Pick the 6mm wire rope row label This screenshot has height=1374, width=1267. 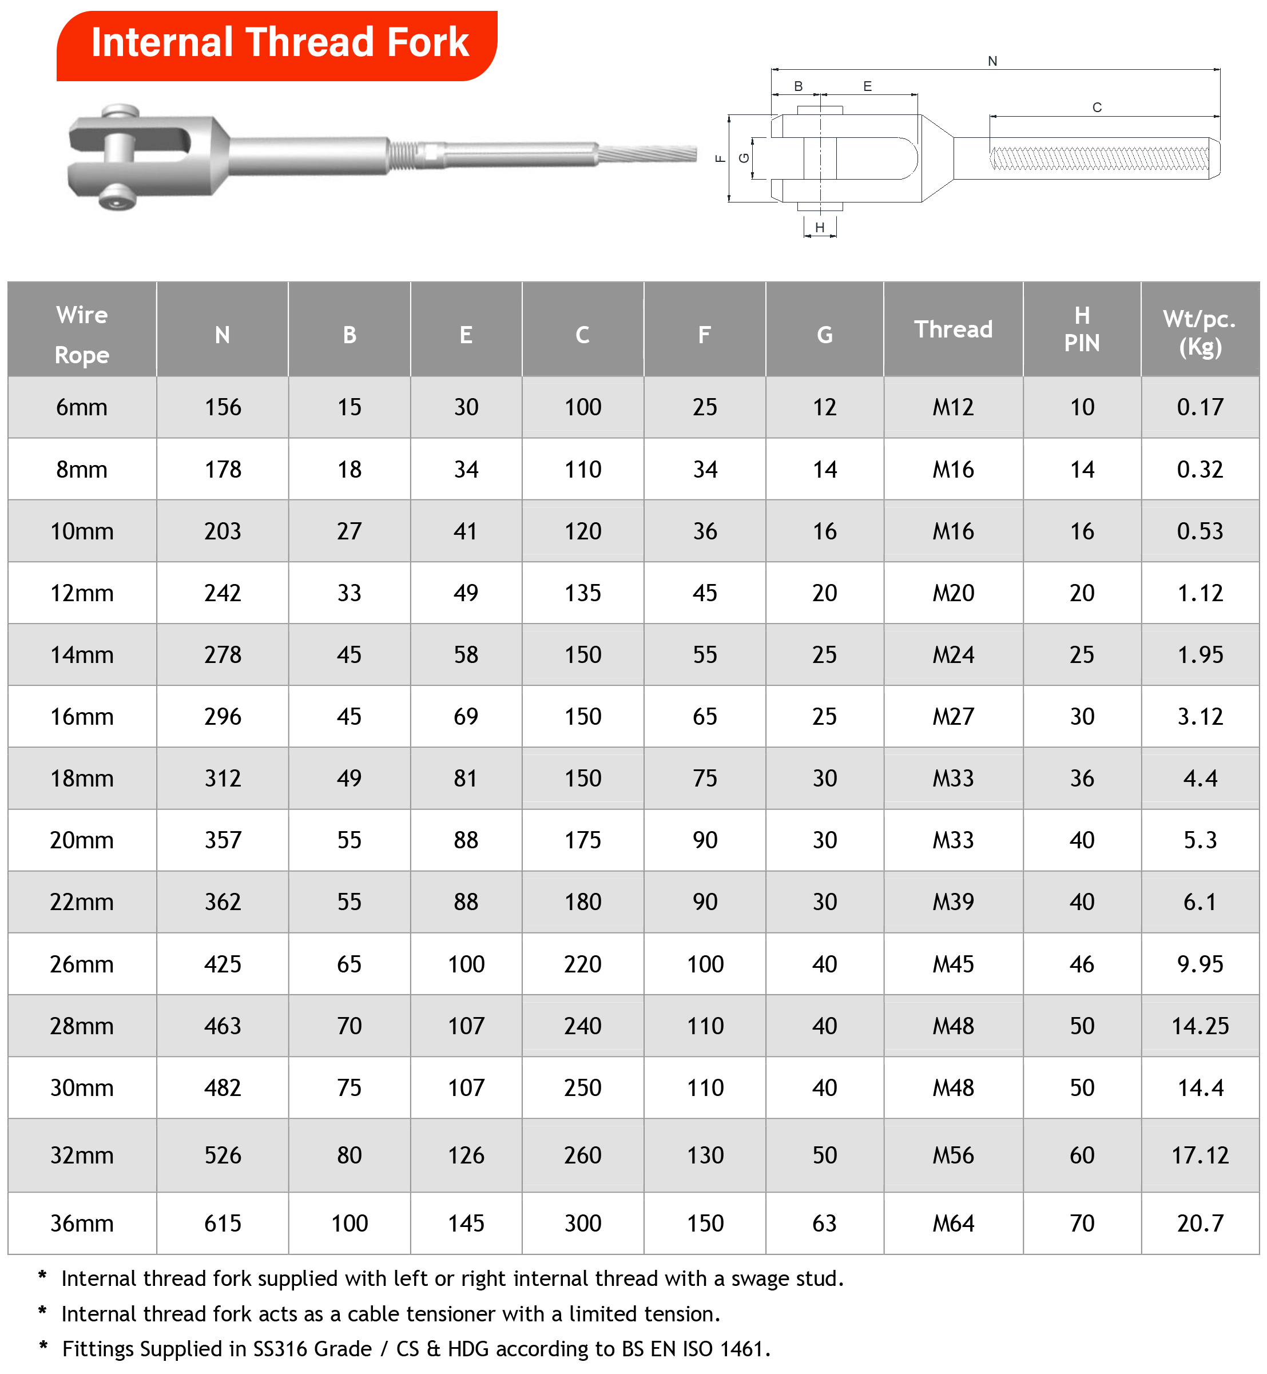pos(82,407)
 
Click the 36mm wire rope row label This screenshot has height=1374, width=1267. pos(82,1223)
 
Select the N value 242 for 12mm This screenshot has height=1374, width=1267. pos(223,593)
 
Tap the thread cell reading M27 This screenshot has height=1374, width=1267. pos(953,717)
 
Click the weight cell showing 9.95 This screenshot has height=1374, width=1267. pos(1200,964)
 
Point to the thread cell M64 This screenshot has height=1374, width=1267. pos(953,1223)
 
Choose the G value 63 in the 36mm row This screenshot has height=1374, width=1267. pos(824,1223)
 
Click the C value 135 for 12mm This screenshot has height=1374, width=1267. pos(583,593)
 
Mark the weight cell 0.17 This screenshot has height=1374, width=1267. pos(1200,407)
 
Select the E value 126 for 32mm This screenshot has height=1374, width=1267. pos(466,1155)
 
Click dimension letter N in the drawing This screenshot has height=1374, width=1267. pos(992,61)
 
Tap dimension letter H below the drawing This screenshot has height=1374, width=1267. pos(819,228)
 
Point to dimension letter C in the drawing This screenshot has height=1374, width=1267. pos(1097,108)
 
